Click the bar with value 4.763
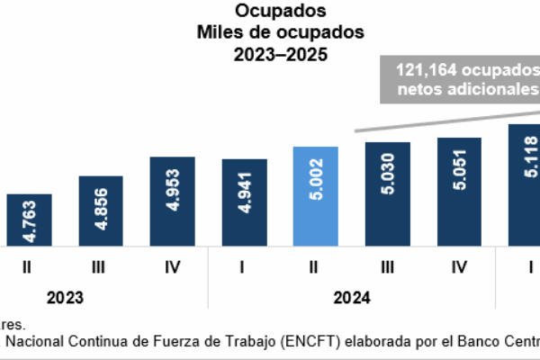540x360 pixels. (x=30, y=220)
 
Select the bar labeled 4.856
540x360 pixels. (x=101, y=211)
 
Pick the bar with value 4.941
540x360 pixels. (x=244, y=202)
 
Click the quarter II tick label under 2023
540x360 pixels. (x=30, y=267)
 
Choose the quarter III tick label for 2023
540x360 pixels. (x=101, y=267)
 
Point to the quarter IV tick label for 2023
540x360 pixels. (x=173, y=267)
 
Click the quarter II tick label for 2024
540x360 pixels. (x=316, y=267)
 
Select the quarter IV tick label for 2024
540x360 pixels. (x=459, y=267)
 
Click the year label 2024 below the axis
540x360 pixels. (x=352, y=297)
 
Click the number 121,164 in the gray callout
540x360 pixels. (x=419, y=69)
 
